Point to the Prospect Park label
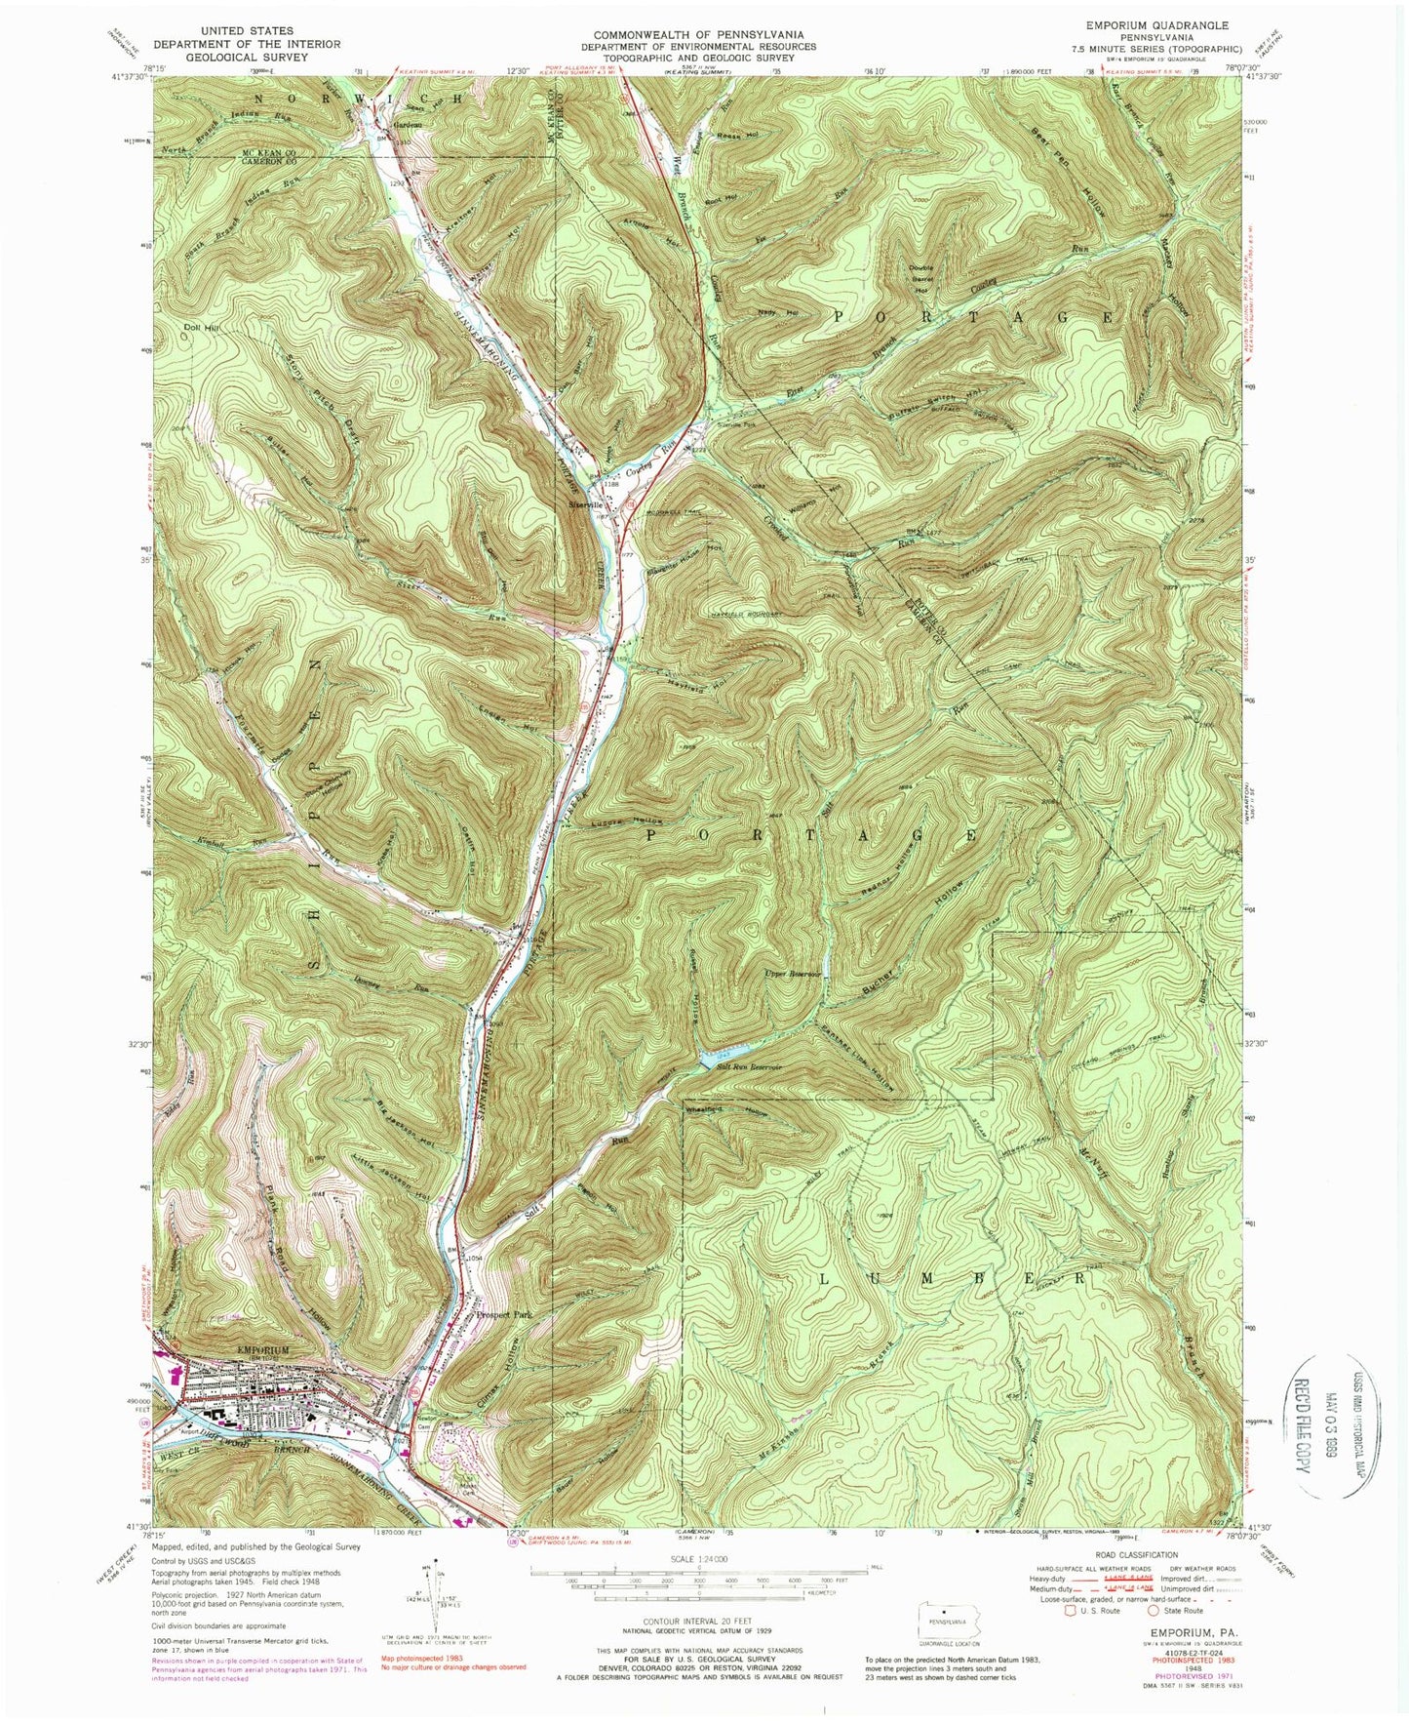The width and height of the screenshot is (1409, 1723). coord(503,1316)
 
